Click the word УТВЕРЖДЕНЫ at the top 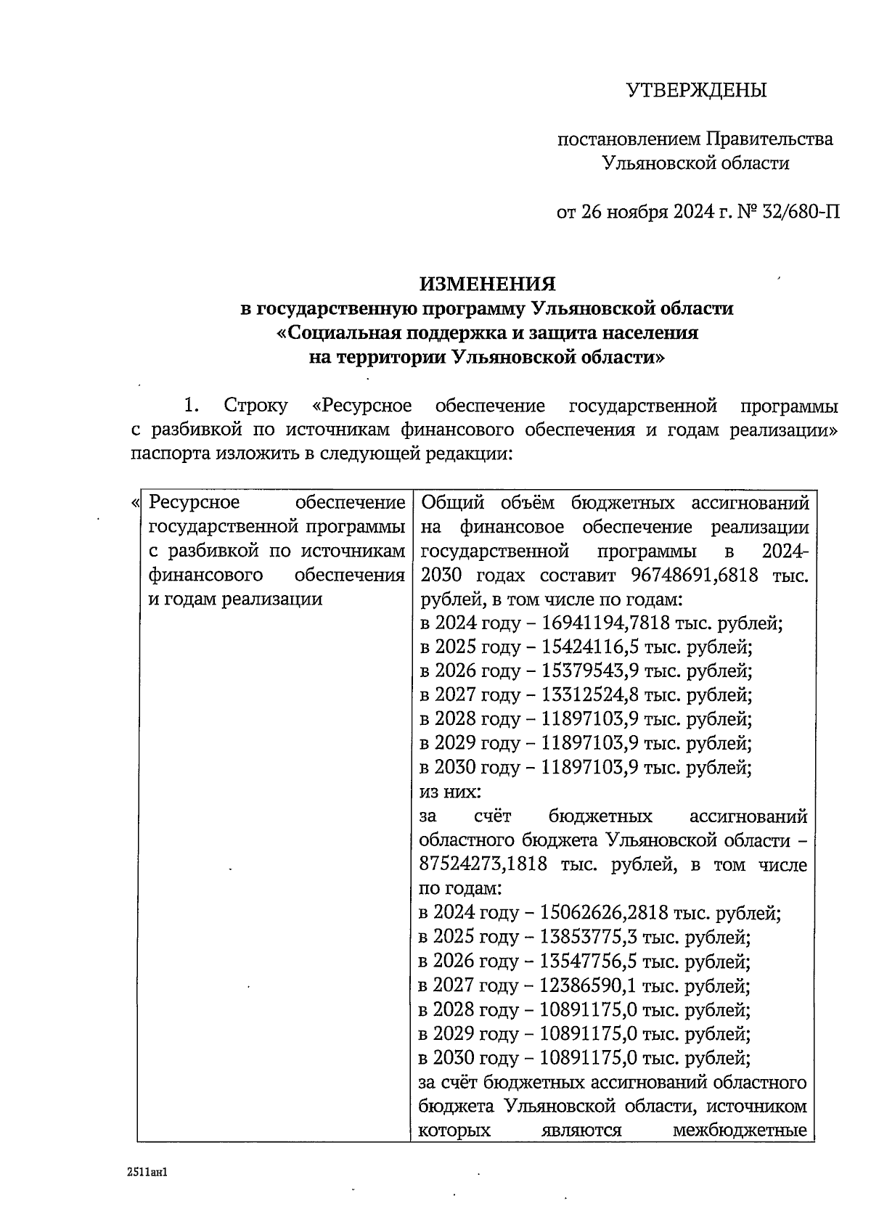click(696, 91)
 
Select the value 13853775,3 click(584, 938)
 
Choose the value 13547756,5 click(584, 962)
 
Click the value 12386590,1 click(584, 985)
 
